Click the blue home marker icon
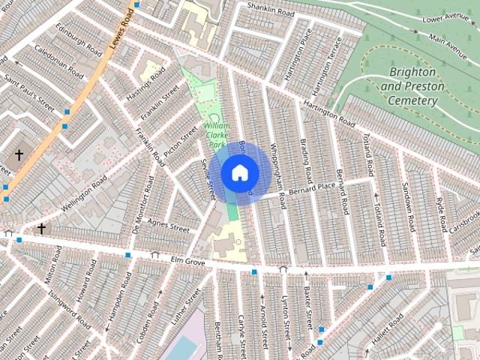tap(239, 172)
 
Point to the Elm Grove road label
tap(188, 262)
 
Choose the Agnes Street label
tap(169, 224)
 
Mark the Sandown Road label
tap(410, 207)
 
